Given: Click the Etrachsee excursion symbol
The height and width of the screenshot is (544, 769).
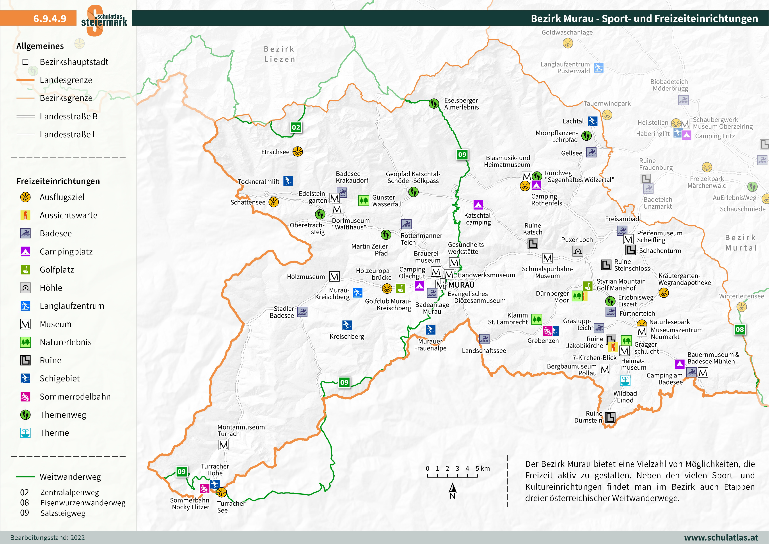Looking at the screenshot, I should [x=297, y=152].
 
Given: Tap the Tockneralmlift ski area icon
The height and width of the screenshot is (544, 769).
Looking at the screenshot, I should [x=288, y=181].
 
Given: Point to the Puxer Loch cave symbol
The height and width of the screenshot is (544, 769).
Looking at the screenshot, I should [x=578, y=251].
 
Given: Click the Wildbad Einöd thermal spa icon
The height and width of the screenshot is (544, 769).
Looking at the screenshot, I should [x=625, y=380].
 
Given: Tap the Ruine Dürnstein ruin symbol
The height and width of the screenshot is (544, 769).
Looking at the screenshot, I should [x=610, y=417].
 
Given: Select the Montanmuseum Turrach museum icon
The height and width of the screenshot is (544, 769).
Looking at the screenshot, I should [x=224, y=445].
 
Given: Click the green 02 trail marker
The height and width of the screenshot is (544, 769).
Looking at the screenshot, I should [x=296, y=127].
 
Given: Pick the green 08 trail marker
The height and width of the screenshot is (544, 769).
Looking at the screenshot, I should [x=740, y=329].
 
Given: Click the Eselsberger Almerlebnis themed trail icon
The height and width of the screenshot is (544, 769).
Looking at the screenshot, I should [x=434, y=103].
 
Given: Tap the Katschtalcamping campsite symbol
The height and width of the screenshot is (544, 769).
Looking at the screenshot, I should [x=478, y=204].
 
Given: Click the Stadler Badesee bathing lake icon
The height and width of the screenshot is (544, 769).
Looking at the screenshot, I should [x=302, y=312].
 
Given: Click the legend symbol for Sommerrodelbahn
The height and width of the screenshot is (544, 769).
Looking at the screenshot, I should [x=25, y=397].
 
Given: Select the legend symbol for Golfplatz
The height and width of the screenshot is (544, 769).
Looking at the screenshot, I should [x=25, y=270].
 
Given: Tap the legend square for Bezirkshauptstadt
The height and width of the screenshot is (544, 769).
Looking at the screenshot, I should [x=25, y=62].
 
